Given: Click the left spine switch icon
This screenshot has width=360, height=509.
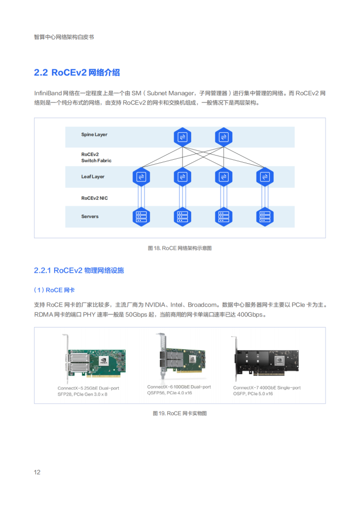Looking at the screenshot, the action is [183, 137].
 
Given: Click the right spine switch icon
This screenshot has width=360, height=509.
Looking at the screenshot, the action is [224, 137].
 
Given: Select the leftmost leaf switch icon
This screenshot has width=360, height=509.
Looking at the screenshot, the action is [141, 177].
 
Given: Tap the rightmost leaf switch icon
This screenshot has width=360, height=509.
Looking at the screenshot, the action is [265, 177].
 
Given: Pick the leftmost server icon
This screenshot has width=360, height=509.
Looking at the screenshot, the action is [141, 216].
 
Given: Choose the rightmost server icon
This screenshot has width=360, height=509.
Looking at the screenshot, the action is [265, 216].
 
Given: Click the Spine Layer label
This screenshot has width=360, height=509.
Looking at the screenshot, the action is [94, 134].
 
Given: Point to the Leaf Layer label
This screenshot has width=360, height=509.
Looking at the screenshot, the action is [93, 176].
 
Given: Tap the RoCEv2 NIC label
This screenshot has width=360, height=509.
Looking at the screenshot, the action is [94, 198].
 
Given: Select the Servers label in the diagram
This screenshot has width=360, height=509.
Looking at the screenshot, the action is [90, 216].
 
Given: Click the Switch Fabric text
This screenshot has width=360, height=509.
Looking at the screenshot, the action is [96, 161].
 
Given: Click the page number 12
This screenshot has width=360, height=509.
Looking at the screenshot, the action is [37, 472].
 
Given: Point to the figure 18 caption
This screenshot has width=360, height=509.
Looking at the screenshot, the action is [180, 248].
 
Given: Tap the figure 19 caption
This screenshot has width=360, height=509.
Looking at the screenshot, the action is [180, 413].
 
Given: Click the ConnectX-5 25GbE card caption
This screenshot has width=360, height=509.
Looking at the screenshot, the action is [88, 391].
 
